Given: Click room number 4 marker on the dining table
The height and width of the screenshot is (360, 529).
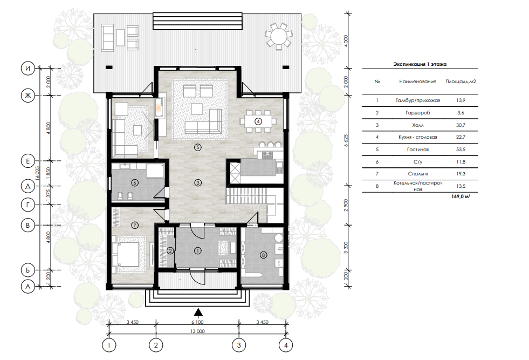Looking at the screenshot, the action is click(258, 121).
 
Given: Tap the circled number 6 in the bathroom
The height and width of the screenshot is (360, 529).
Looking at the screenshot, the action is click(135, 183).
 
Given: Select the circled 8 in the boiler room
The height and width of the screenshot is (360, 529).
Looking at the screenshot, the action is click(264, 255).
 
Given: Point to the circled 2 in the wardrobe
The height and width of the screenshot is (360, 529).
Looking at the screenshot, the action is click(170, 250).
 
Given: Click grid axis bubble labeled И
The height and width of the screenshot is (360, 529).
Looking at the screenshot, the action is click(28, 69).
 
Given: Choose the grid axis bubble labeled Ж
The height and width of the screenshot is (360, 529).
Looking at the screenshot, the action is click(28, 96).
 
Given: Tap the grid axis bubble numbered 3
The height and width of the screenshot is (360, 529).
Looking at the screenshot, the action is click(239, 345).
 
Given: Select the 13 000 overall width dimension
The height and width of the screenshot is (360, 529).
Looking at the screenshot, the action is click(197, 331).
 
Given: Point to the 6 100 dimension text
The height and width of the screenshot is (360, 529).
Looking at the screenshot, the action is click(197, 322).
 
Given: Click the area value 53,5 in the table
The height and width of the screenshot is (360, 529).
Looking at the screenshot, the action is click(461, 150).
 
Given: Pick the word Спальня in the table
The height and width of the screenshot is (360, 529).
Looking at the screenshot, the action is click(418, 174).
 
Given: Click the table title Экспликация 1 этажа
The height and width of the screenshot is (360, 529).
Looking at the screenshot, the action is click(420, 64).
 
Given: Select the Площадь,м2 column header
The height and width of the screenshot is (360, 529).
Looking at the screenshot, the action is click(461, 81).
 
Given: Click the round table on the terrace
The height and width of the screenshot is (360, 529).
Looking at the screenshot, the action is click(279, 35).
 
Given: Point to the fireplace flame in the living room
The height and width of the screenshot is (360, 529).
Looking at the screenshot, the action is click(158, 108).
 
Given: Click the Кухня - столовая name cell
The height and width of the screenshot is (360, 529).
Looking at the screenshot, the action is click(418, 137).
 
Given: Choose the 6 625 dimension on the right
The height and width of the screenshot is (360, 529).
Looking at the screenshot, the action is click(346, 140).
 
